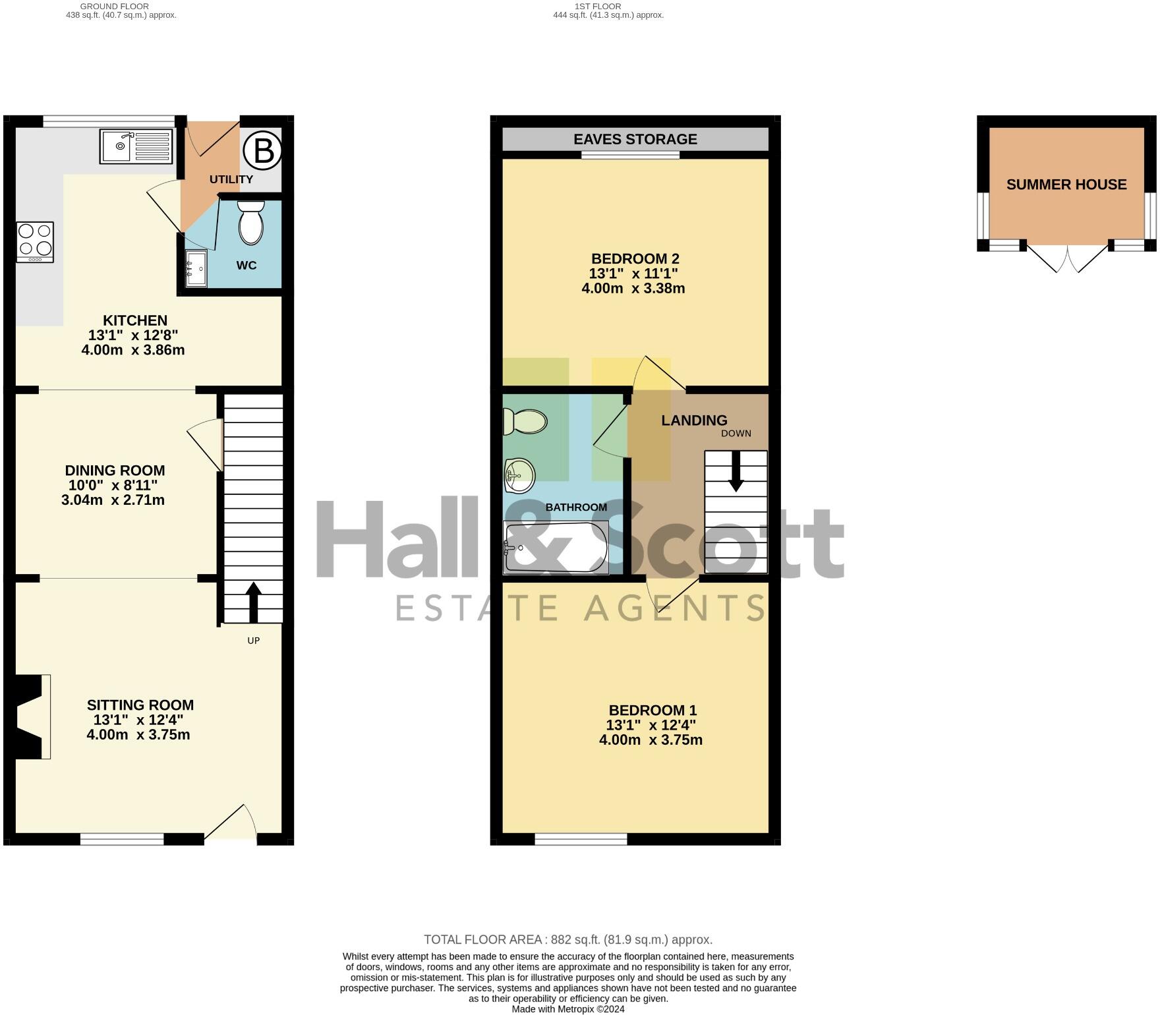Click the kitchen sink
pyautogui.click(x=136, y=146)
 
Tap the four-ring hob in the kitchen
pyautogui.click(x=36, y=242)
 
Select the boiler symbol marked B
pyautogui.click(x=263, y=152)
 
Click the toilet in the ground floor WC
pyautogui.click(x=250, y=223)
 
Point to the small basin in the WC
pyautogui.click(x=196, y=269)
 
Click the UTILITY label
pyautogui.click(x=231, y=179)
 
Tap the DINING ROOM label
pyautogui.click(x=115, y=471)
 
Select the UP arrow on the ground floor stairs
pyautogui.click(x=253, y=601)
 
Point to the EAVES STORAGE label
pyautogui.click(x=635, y=139)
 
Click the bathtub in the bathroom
pyautogui.click(x=556, y=547)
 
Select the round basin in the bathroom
pyautogui.click(x=519, y=475)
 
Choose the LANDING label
pyautogui.click(x=694, y=420)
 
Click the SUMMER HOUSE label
pyautogui.click(x=1066, y=185)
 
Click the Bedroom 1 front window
pyautogui.click(x=581, y=839)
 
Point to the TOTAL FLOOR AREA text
pyautogui.click(x=567, y=940)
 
